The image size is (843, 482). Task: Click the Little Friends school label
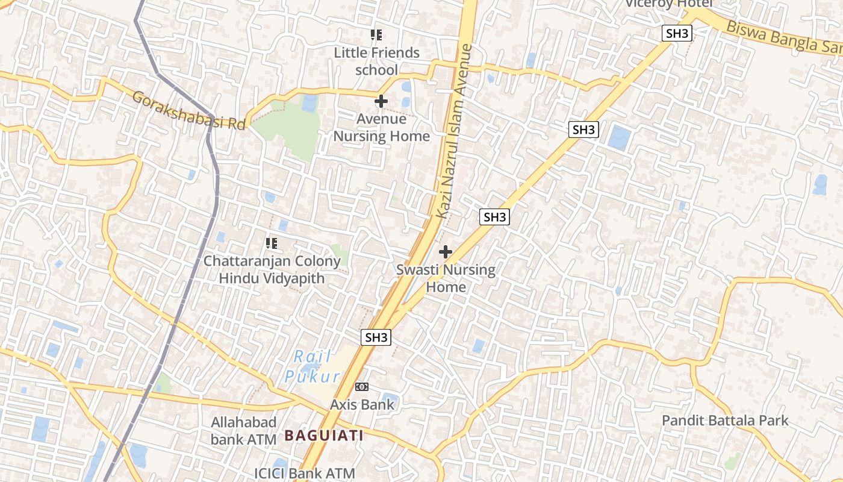[x=377, y=61]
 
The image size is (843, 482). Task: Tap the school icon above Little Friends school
[x=377, y=35]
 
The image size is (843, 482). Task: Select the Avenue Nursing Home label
[x=382, y=128]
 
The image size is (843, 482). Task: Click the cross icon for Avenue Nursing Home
[x=381, y=101]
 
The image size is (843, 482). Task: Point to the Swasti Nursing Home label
[x=446, y=278]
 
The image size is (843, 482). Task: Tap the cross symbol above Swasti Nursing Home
[x=446, y=252]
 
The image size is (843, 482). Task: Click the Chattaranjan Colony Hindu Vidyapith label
[x=272, y=270]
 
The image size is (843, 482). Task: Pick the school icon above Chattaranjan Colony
[x=272, y=243]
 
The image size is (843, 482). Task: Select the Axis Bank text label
[x=362, y=404]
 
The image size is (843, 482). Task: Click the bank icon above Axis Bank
[x=362, y=387]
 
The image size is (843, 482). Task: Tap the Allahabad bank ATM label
[x=243, y=431]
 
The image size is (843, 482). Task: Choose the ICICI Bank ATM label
[x=304, y=474]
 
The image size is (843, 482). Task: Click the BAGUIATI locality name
[x=324, y=435]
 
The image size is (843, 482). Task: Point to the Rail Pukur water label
[x=313, y=367]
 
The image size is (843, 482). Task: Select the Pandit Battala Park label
[x=725, y=421]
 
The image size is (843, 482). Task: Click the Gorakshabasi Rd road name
[x=188, y=110]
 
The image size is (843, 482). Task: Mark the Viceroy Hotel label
[x=668, y=4]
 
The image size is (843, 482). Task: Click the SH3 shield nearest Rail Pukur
[x=376, y=337]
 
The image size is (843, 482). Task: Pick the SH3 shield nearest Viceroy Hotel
[x=677, y=33]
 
